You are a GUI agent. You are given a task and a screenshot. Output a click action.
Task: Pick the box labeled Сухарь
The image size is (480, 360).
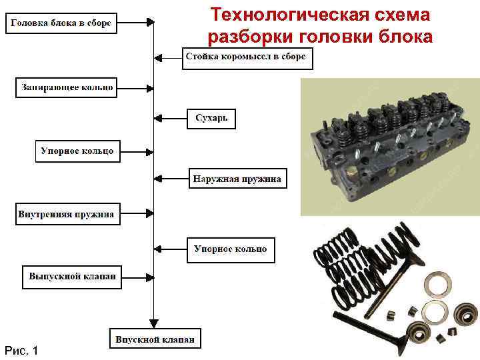[211, 119]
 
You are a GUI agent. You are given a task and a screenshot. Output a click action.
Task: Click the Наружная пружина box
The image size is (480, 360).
[237, 179]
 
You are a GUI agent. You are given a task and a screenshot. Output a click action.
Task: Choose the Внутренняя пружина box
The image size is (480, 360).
[67, 214]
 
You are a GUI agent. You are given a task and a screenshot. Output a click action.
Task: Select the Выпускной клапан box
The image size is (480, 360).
[73, 276]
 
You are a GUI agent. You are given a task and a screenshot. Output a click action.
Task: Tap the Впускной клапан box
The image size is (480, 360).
[155, 339]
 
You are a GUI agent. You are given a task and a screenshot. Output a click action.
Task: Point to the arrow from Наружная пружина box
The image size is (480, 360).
[171, 179]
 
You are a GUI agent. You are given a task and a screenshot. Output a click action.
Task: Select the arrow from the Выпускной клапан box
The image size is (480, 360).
[138, 276]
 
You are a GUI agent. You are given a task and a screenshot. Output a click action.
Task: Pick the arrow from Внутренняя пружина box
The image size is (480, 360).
[136, 214]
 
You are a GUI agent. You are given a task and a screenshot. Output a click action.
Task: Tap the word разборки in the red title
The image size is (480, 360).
[256, 36]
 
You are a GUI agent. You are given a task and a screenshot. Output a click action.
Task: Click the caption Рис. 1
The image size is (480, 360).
[21, 350]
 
